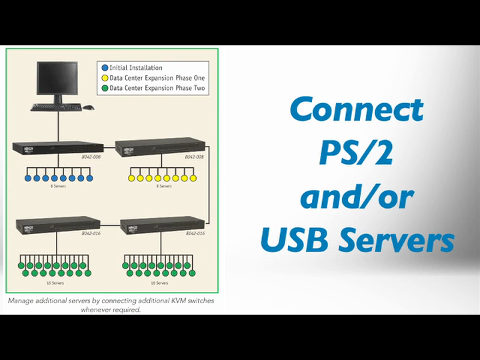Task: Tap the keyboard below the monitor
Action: pyautogui.click(x=56, y=107)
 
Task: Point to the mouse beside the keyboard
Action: pyautogui.click(x=88, y=107)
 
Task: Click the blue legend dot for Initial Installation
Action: pyautogui.click(x=104, y=68)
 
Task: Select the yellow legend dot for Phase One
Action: pyautogui.click(x=104, y=78)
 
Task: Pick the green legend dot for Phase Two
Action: pyautogui.click(x=104, y=88)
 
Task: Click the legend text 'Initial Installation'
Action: pyautogui.click(x=136, y=68)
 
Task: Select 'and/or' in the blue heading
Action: pyautogui.click(x=357, y=198)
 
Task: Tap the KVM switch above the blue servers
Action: pyautogui.click(x=58, y=150)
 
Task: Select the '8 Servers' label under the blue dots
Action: pyautogui.click(x=58, y=186)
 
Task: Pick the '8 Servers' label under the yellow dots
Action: pyautogui.click(x=163, y=186)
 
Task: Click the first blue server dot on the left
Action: pyautogui.click(x=28, y=178)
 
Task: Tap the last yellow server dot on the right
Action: pyautogui.click(x=193, y=178)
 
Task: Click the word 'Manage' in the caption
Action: pyautogui.click(x=20, y=301)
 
